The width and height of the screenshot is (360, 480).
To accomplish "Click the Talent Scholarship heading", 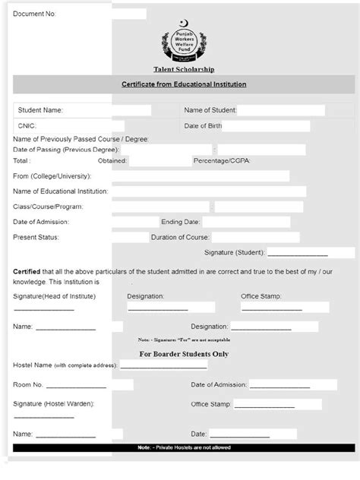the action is click(184, 69).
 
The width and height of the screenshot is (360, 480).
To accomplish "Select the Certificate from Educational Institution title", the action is click(184, 84).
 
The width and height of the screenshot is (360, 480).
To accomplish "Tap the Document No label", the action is click(34, 14).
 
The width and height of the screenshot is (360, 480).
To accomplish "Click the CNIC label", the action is click(27, 125).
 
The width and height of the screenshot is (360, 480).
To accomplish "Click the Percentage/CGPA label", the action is click(222, 161).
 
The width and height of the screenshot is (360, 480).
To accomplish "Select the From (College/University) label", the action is click(52, 176).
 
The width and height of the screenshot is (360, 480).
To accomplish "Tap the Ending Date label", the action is click(180, 222).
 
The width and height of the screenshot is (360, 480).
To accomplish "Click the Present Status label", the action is click(36, 237).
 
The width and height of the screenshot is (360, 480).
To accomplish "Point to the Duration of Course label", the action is click(180, 237).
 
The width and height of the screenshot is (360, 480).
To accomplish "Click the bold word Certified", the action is click(27, 271).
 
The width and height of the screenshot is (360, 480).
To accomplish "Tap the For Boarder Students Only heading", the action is click(184, 354).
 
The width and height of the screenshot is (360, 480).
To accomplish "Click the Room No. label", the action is click(28, 385).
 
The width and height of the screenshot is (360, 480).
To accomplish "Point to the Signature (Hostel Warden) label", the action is click(53, 404).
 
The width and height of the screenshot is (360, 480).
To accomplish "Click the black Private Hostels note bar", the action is click(184, 448).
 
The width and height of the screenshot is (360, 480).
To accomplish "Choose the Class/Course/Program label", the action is click(48, 207).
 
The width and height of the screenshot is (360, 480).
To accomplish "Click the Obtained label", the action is click(112, 161).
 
